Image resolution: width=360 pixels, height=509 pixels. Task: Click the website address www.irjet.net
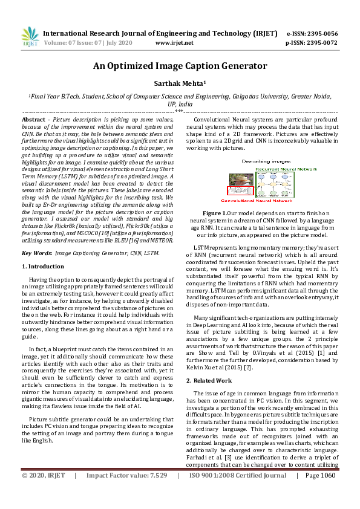tap(174, 43)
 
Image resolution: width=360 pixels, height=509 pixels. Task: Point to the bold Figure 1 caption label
tap(214, 213)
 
